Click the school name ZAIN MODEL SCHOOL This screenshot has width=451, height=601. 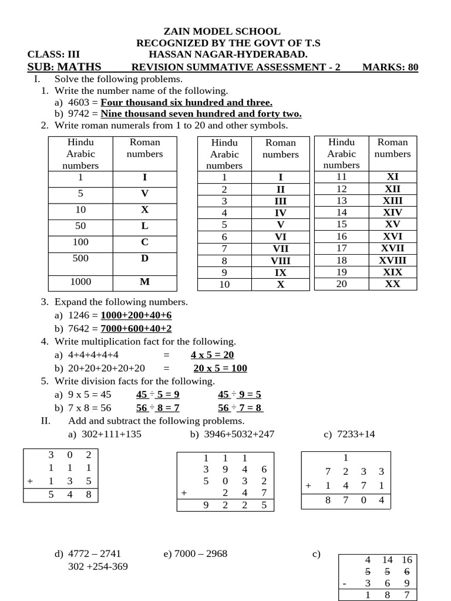pyautogui.click(x=221, y=32)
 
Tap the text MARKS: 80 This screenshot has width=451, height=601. pyautogui.click(x=390, y=67)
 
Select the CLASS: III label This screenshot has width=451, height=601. pyautogui.click(x=53, y=55)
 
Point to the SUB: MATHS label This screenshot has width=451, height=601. pyautogui.click(x=64, y=67)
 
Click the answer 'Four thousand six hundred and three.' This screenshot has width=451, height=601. pyautogui.click(x=187, y=102)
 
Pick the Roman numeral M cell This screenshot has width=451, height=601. pyautogui.click(x=144, y=282)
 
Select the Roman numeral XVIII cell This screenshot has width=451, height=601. pyautogui.click(x=392, y=260)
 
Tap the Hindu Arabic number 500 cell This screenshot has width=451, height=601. pyautogui.click(x=80, y=258)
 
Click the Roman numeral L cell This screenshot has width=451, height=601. pyautogui.click(x=144, y=226)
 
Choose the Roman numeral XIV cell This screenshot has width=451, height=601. pyautogui.click(x=392, y=212)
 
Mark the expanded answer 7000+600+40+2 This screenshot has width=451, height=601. pyautogui.click(x=136, y=329)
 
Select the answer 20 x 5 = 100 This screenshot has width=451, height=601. pyautogui.click(x=220, y=369)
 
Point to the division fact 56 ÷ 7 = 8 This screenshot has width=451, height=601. pyautogui.click(x=240, y=408)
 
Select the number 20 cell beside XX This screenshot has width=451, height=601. pyautogui.click(x=341, y=284)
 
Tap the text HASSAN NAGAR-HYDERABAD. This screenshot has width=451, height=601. pyautogui.click(x=228, y=55)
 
